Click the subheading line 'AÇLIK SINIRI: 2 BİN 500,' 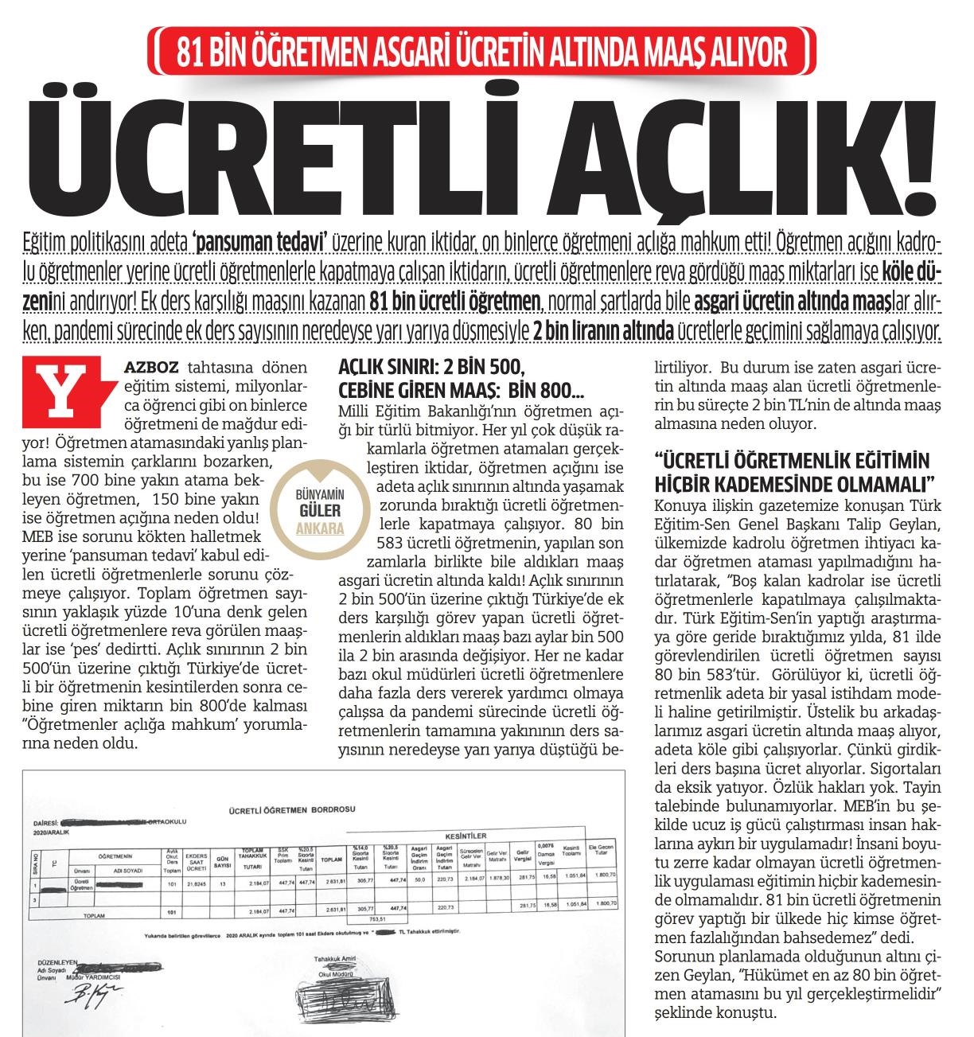click(x=431, y=372)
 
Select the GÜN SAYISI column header click(x=224, y=860)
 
